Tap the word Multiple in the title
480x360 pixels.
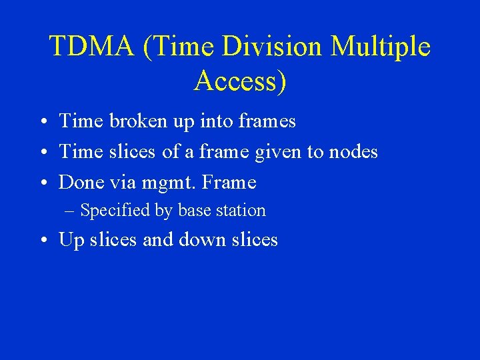(380, 47)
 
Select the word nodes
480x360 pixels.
(353, 152)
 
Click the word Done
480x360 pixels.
(80, 182)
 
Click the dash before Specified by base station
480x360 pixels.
(71, 211)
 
